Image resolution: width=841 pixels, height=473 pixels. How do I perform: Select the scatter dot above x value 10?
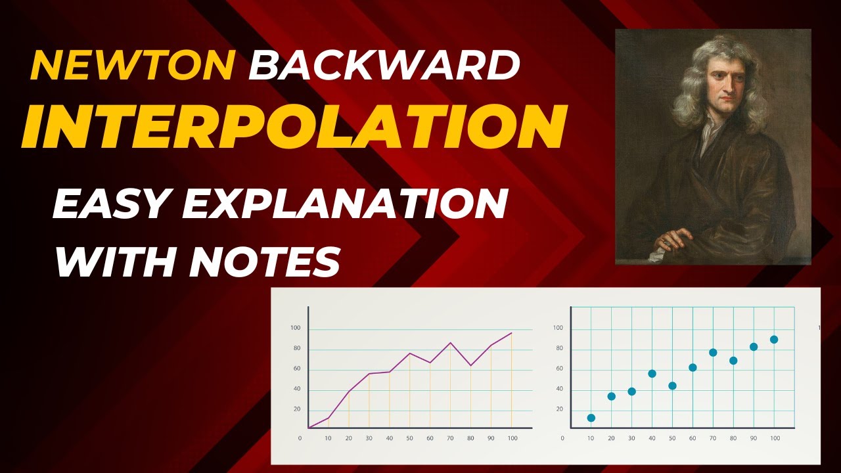(591, 418)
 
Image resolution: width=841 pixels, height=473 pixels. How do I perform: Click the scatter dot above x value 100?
(774, 340)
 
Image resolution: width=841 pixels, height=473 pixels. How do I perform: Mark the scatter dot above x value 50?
(672, 386)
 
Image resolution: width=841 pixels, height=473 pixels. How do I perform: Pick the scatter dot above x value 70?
(713, 353)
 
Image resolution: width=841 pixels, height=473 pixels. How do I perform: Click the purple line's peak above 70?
(450, 343)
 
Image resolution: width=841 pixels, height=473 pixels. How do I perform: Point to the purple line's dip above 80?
(470, 365)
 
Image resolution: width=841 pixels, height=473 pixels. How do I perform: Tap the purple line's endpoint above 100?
(511, 333)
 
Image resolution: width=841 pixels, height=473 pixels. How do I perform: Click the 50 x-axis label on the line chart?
(410, 438)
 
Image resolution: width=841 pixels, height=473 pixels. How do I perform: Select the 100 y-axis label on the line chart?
(295, 328)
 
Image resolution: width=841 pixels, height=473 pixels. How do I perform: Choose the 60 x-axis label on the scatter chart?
(693, 438)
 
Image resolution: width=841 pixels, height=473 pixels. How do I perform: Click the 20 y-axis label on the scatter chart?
(560, 409)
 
